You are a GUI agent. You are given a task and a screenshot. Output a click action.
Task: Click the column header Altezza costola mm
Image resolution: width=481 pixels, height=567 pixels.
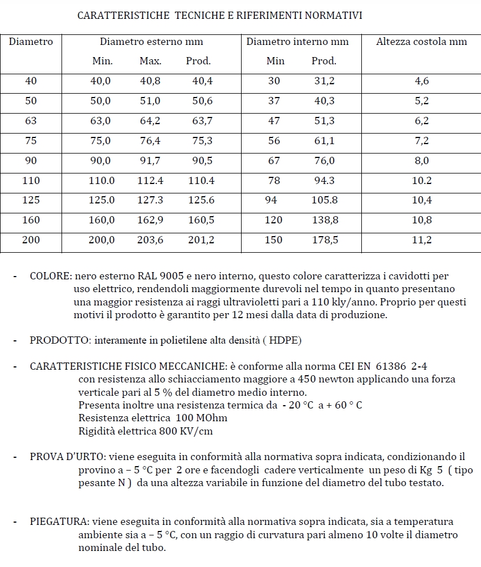(421, 42)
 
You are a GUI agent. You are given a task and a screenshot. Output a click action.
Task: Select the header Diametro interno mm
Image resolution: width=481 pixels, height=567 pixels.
(298, 42)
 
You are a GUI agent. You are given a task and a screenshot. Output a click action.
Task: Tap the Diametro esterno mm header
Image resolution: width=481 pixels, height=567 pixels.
(151, 42)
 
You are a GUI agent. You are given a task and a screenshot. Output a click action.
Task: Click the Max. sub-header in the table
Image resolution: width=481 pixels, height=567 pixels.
(150, 61)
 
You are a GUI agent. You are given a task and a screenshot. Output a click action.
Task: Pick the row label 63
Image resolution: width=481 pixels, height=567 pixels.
(31, 121)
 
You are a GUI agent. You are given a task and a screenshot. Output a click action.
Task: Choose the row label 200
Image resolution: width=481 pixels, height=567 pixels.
(31, 240)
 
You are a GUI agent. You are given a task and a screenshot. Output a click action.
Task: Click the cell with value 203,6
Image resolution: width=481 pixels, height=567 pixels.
(150, 240)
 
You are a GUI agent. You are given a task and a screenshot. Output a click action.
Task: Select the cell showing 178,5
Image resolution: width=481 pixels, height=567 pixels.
(325, 240)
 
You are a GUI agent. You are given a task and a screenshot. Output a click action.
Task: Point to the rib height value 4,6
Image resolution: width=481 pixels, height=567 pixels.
(422, 81)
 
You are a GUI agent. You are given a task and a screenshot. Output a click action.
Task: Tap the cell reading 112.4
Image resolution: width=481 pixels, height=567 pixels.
(150, 181)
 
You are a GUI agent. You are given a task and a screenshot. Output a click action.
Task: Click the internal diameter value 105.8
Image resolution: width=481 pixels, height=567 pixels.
(325, 200)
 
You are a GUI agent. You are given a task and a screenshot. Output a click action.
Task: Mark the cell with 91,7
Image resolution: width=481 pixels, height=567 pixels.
(150, 161)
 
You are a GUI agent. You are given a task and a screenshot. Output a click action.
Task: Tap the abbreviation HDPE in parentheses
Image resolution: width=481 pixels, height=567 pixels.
(282, 340)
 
